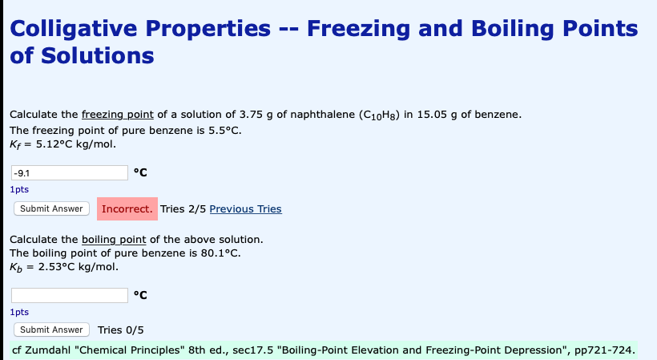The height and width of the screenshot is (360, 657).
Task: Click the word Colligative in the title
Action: [73, 30]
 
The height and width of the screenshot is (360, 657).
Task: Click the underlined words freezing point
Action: [118, 115]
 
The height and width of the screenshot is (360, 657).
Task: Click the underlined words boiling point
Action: [114, 240]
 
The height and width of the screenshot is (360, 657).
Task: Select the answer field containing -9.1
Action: [70, 172]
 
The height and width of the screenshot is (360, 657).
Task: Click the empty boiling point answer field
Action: [70, 296]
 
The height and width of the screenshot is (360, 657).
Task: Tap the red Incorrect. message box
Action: [127, 208]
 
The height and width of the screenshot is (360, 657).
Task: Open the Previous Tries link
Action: [245, 208]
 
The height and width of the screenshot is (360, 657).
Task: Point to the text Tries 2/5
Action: [183, 208]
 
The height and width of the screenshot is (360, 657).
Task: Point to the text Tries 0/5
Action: [121, 330]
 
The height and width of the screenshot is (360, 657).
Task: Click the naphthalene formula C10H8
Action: [379, 115]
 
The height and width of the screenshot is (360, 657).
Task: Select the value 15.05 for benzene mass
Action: [432, 115]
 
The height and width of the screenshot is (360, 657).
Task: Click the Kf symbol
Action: [15, 145]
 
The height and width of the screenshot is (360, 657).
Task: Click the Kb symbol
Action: [16, 267]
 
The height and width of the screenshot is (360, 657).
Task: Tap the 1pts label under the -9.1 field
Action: [19, 189]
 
